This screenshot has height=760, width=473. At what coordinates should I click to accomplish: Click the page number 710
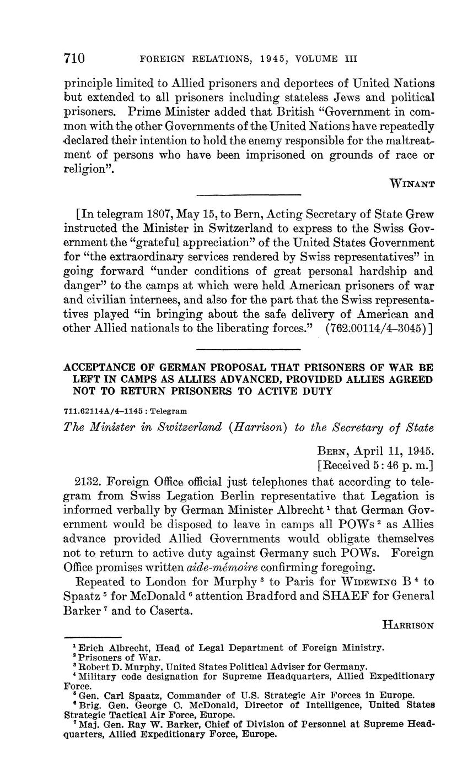coord(74,58)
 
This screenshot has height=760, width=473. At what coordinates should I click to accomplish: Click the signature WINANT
coord(412,184)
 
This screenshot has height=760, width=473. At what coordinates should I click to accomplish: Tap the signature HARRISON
coord(409,625)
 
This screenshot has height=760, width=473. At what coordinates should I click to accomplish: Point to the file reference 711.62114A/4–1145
coord(105,411)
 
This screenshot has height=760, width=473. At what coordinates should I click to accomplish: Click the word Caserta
coord(171,610)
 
